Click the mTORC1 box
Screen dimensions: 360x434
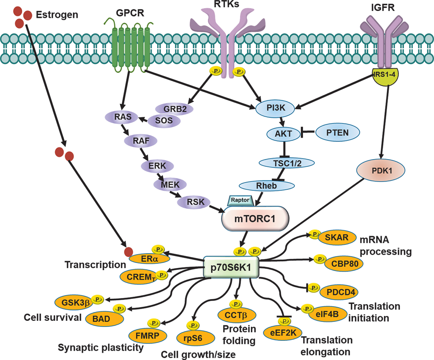click(255, 219)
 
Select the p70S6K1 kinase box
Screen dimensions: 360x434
click(231, 267)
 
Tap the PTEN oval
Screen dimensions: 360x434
click(337, 133)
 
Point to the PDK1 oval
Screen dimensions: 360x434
click(381, 170)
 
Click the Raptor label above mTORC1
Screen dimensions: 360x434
click(240, 200)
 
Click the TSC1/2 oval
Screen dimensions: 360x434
click(287, 163)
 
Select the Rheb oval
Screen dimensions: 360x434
click(266, 186)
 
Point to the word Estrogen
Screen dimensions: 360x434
click(57, 15)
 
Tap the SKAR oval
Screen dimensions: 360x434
click(337, 237)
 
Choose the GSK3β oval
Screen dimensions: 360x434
click(75, 303)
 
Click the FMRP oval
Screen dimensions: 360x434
click(147, 336)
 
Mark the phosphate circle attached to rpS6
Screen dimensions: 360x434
click(193, 325)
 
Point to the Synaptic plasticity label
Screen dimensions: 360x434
click(100, 347)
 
